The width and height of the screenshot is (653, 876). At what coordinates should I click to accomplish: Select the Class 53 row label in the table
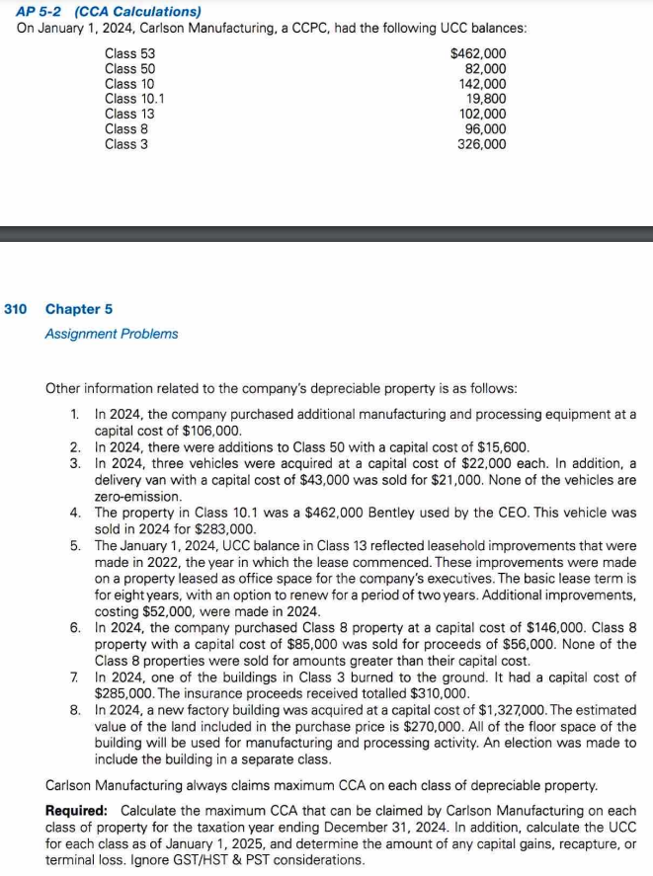129,54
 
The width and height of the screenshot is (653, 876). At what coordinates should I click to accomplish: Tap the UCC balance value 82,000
485,69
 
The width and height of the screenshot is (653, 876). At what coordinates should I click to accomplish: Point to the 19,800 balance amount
485,99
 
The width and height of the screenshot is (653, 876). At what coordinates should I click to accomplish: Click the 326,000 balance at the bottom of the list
481,144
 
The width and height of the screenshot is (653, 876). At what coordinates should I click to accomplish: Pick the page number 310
15,309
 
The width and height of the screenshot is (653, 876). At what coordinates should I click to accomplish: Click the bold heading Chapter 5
79,309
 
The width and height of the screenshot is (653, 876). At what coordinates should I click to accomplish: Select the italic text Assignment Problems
112,334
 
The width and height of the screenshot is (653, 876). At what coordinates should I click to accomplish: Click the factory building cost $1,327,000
534,710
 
